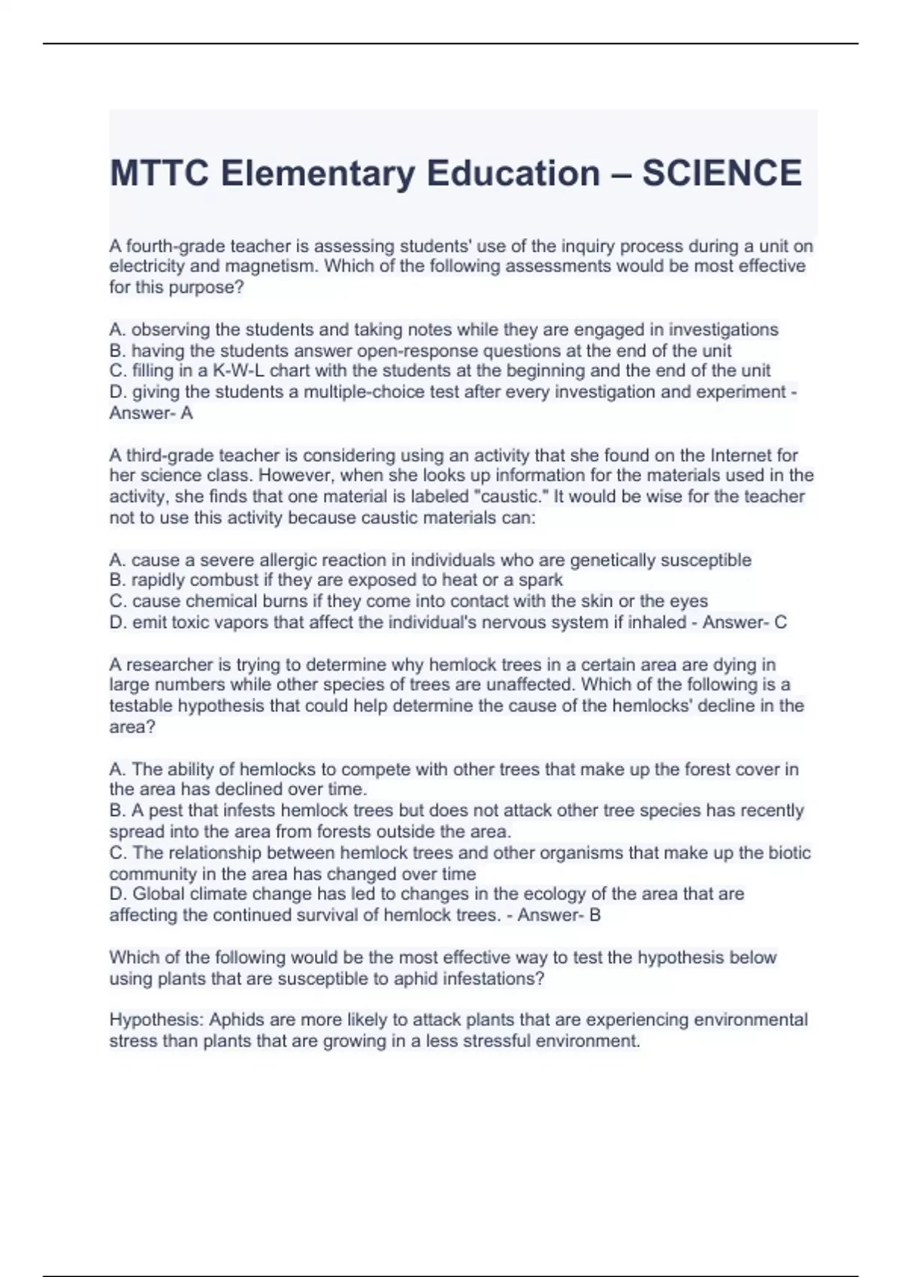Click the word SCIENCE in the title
722,174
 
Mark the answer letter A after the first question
187,413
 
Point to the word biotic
790,853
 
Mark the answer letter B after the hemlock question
595,916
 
